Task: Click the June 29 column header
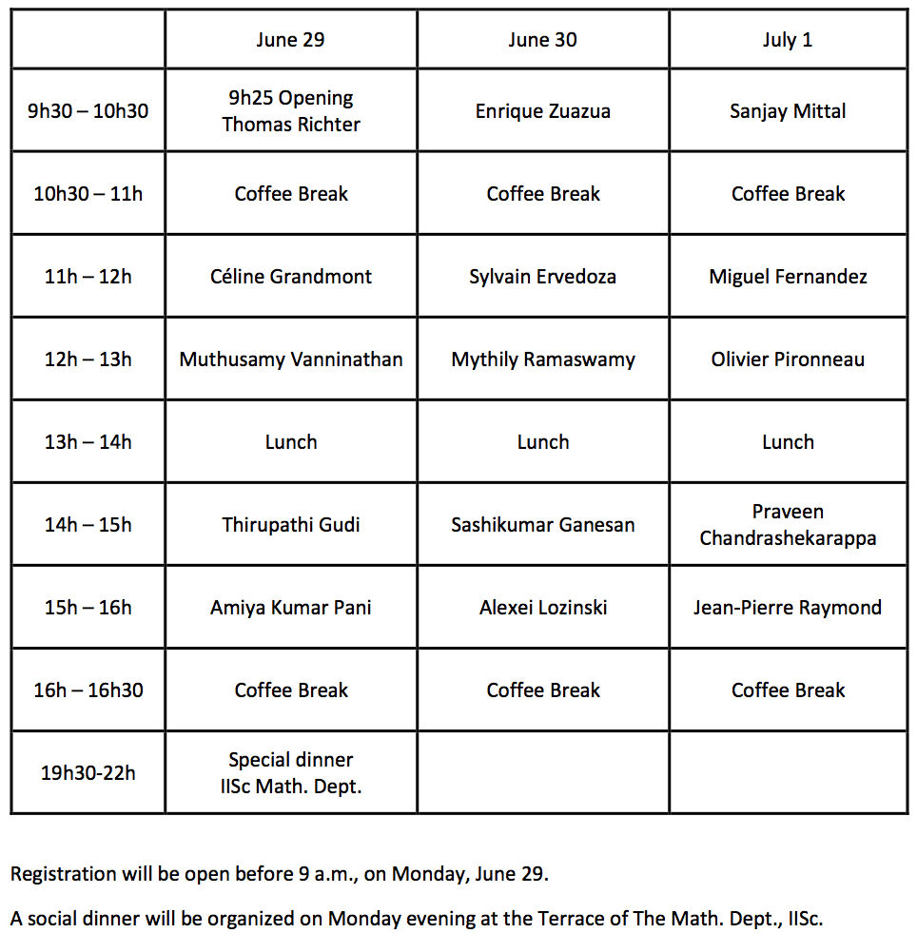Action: coord(290,40)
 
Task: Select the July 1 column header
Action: coord(788,40)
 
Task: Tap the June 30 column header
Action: coord(542,40)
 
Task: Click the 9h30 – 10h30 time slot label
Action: coord(88,111)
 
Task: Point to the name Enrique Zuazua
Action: coord(542,111)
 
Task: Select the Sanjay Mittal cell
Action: coord(788,111)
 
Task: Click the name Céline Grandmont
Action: coord(290,277)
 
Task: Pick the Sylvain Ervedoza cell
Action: coord(542,277)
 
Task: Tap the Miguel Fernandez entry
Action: coord(788,277)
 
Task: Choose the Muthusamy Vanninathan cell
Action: coord(290,360)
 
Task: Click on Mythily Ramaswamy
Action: coord(542,360)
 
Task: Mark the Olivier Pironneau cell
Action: coord(788,360)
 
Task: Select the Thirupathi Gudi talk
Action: coord(290,525)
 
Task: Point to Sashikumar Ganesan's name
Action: coord(542,525)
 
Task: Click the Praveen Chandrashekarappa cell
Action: coord(788,525)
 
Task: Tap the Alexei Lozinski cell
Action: coord(542,608)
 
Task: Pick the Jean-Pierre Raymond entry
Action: coord(788,608)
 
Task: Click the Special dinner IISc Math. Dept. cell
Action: coord(290,773)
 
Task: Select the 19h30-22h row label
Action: coord(88,773)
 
